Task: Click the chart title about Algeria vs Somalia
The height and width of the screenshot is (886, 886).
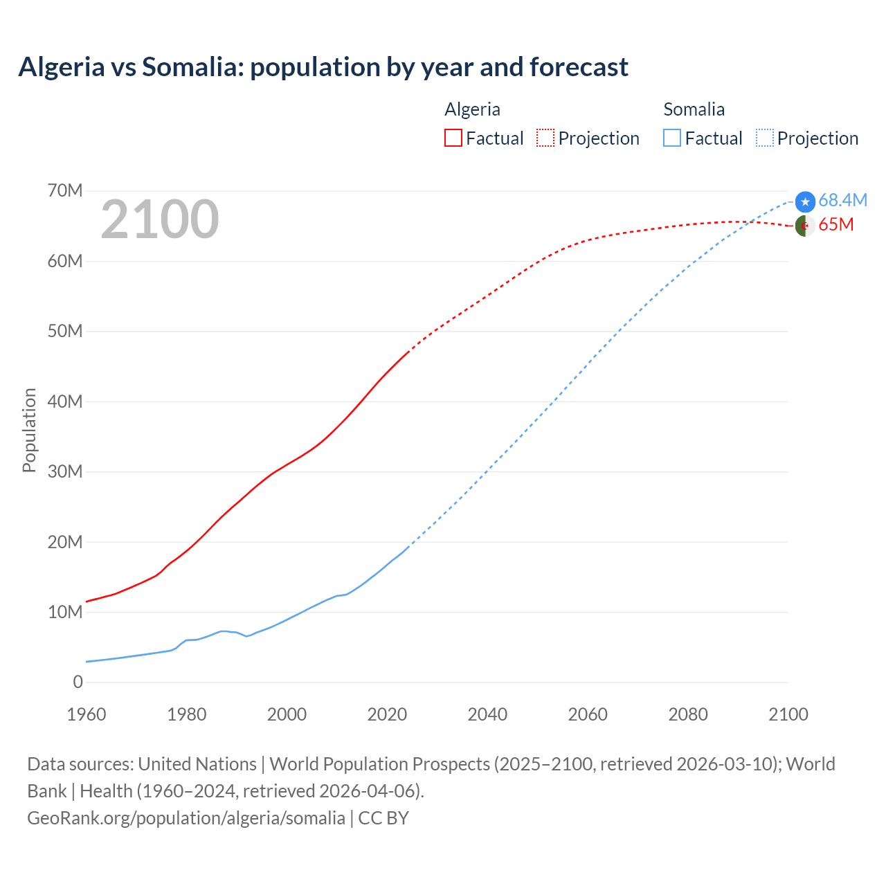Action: click(323, 67)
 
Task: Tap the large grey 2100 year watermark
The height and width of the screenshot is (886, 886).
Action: click(160, 219)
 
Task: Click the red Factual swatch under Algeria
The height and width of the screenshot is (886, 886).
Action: click(453, 138)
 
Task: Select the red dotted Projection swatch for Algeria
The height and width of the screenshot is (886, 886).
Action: click(545, 138)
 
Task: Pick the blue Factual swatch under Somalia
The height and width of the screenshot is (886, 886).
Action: click(672, 138)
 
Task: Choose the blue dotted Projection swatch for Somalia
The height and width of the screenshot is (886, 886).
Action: click(765, 138)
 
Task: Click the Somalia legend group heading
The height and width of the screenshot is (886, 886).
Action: click(694, 109)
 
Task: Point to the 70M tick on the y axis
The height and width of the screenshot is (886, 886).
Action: click(65, 190)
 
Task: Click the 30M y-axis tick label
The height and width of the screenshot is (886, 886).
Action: click(65, 471)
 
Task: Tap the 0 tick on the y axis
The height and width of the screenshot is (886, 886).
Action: click(78, 682)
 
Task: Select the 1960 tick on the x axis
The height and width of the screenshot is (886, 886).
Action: click(87, 714)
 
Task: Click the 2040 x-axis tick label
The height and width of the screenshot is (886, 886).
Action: click(487, 714)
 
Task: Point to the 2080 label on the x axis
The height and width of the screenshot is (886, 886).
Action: click(688, 714)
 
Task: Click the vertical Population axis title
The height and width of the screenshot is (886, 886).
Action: click(29, 430)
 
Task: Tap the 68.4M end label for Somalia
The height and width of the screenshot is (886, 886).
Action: click(842, 200)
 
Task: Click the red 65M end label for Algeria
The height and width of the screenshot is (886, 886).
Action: click(836, 225)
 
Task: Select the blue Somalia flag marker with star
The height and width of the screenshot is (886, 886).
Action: click(805, 201)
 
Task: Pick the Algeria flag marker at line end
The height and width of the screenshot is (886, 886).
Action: click(804, 226)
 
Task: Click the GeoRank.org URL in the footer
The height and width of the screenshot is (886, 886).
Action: click(186, 817)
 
